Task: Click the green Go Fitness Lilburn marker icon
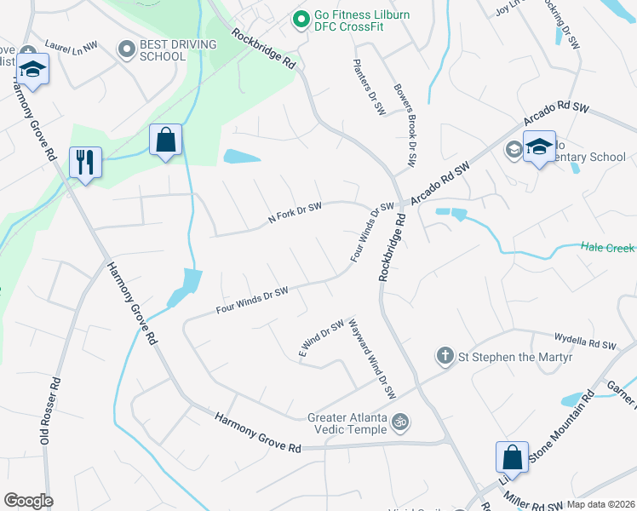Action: pyautogui.click(x=299, y=18)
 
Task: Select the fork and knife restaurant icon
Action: pyautogui.click(x=85, y=162)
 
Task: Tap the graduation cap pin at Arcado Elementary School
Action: pyautogui.click(x=538, y=148)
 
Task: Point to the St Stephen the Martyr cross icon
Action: pyautogui.click(x=444, y=354)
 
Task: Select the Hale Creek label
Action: pyautogui.click(x=607, y=248)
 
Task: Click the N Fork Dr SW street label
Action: pyautogui.click(x=295, y=213)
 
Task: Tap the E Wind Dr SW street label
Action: pyautogui.click(x=320, y=338)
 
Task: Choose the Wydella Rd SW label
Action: pyautogui.click(x=584, y=343)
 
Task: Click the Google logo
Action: pyautogui.click(x=28, y=501)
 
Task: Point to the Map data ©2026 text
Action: pyautogui.click(x=600, y=504)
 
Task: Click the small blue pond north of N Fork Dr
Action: pyautogui.click(x=241, y=157)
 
